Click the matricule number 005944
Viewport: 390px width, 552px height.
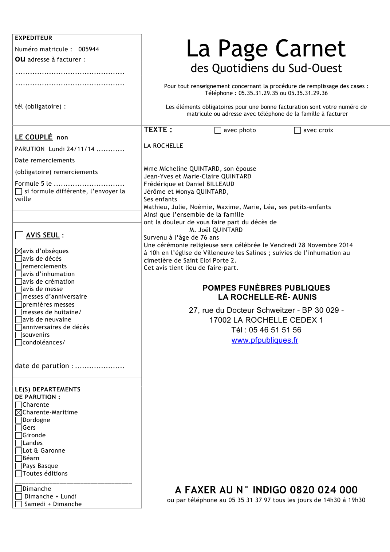(88, 49)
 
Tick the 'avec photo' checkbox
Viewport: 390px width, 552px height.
(218, 130)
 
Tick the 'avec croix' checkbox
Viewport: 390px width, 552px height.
(298, 130)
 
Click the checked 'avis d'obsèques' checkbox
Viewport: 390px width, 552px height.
(19, 251)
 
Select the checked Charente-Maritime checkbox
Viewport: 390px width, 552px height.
(19, 412)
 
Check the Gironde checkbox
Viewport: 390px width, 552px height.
(19, 435)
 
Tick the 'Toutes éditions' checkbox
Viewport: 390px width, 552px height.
(19, 473)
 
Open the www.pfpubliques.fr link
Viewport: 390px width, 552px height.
(265, 340)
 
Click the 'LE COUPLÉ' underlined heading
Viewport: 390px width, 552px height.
(34, 137)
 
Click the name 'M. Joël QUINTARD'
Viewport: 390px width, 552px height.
(216, 230)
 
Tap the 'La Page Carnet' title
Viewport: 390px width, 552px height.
(266, 48)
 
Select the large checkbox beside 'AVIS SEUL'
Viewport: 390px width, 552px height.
(19, 235)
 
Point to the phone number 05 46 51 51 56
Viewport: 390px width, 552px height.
(275, 330)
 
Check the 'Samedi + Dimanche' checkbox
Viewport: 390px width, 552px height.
(19, 504)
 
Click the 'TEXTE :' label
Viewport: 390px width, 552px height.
(158, 130)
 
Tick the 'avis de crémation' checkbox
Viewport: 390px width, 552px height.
(19, 281)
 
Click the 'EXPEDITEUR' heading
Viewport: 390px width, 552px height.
(34, 38)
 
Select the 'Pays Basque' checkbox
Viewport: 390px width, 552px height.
(19, 466)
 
